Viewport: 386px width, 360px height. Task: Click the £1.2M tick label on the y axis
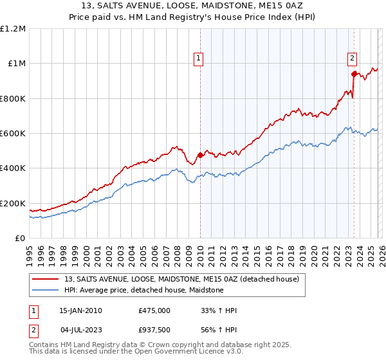14,29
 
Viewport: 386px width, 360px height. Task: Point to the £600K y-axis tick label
13,134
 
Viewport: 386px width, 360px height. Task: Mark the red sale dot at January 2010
200,155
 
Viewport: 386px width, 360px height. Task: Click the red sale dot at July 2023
354,74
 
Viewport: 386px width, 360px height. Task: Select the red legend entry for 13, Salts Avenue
181,280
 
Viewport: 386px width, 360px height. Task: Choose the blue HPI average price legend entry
143,291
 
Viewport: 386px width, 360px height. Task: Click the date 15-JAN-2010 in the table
80,310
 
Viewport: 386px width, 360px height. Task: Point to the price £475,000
154,310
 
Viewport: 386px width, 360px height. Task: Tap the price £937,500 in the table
154,330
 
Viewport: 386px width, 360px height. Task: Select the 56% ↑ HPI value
219,330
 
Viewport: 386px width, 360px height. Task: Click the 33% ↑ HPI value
219,310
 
